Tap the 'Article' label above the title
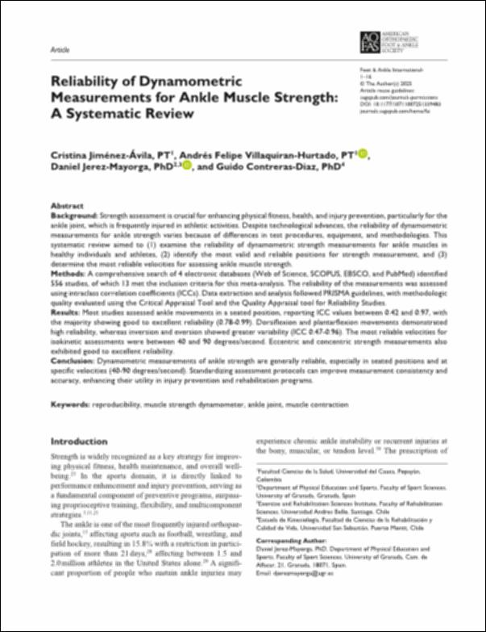tap(60, 48)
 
